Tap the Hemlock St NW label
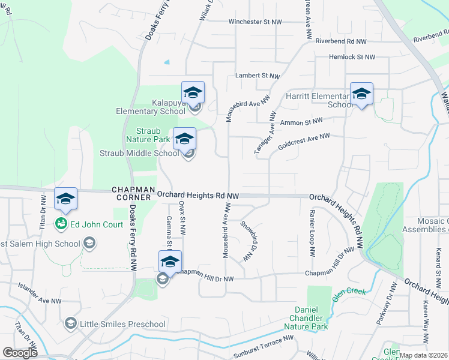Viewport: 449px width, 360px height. click(352, 57)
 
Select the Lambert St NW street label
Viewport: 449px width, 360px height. click(258, 76)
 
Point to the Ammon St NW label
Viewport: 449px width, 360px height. click(301, 122)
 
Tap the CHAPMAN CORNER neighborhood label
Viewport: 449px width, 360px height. click(132, 194)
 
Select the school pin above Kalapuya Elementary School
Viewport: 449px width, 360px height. click(193, 93)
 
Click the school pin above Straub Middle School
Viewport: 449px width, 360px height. click(184, 139)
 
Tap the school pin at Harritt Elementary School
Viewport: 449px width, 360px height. click(361, 94)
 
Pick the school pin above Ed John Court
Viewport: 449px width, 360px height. click(65, 199)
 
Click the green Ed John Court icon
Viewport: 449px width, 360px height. click(61, 224)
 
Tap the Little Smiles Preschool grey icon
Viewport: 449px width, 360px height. click(71, 324)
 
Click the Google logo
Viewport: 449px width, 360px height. click(20, 353)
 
